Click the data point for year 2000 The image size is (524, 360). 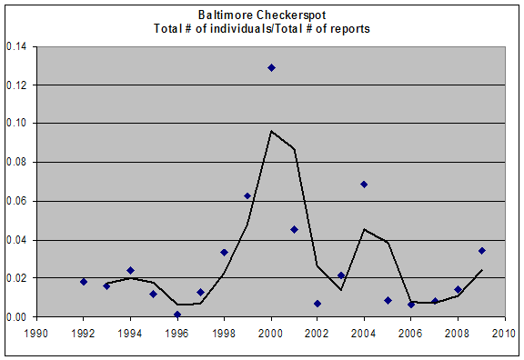(x=271, y=68)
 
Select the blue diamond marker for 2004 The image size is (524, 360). (x=364, y=185)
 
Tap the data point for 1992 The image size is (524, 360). (x=84, y=282)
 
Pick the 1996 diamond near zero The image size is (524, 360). (x=177, y=315)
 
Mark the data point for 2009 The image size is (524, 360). (x=481, y=251)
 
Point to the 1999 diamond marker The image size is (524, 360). (x=247, y=196)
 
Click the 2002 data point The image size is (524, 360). (x=317, y=304)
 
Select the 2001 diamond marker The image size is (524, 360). (x=294, y=229)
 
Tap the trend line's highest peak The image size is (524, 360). (x=271, y=131)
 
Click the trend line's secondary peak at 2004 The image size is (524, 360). (x=364, y=229)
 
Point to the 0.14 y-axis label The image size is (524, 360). (x=16, y=46)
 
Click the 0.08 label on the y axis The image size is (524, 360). (x=16, y=163)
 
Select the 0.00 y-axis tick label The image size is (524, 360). (x=16, y=316)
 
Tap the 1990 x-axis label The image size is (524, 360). (x=35, y=334)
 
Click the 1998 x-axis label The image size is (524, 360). (x=224, y=334)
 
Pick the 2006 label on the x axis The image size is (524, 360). (x=410, y=334)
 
